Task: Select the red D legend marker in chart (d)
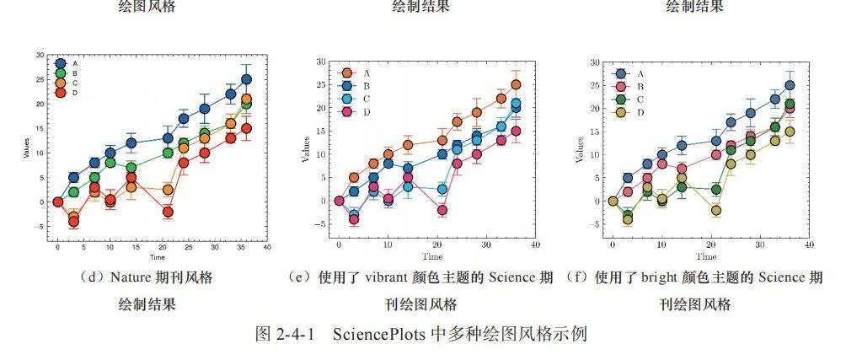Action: tap(61, 93)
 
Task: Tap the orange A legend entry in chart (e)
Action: tap(353, 73)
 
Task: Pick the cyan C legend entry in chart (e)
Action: tap(353, 99)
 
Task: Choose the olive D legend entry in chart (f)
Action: tap(628, 112)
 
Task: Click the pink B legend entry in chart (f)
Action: tap(628, 86)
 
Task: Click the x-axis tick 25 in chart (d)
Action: tap(188, 247)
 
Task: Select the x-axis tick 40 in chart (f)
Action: tap(808, 245)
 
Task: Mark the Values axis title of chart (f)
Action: tap(581, 149)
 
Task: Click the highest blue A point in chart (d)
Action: tap(246, 79)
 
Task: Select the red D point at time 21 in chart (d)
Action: tap(168, 212)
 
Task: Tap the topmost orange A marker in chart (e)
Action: tap(516, 85)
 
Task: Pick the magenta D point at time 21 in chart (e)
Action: tap(442, 210)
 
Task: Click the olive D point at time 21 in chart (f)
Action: tap(716, 211)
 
